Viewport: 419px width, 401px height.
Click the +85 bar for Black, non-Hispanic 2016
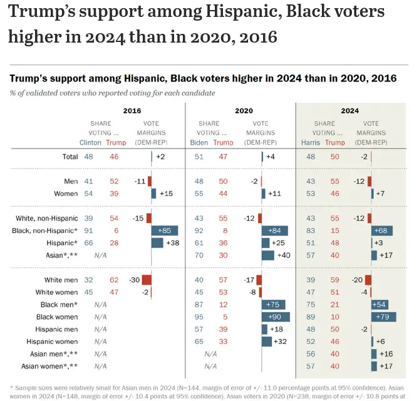click(165, 230)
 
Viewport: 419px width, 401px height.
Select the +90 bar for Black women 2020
click(276, 317)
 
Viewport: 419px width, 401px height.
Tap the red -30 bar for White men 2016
click(147, 280)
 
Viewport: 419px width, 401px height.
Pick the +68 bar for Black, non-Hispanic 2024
click(382, 230)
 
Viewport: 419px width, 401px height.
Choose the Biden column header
click(199, 142)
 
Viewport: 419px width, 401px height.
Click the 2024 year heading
click(350, 111)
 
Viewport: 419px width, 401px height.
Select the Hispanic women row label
click(52, 341)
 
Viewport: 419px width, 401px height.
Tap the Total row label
click(69, 157)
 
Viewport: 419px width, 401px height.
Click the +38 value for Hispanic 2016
click(173, 242)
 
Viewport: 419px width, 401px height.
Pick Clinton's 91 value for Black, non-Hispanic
click(89, 230)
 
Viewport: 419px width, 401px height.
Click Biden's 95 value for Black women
click(199, 317)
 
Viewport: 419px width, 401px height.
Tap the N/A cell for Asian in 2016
click(100, 255)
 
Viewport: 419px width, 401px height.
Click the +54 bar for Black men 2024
click(380, 305)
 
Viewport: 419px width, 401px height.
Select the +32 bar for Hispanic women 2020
click(267, 341)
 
